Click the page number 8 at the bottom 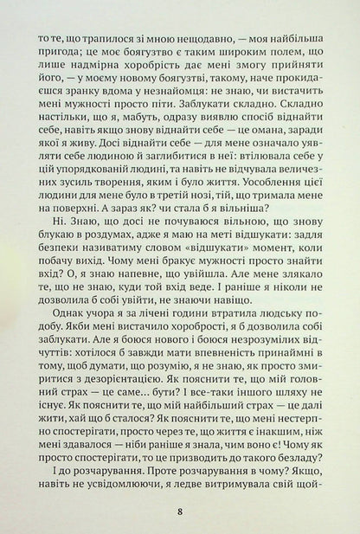[x=179, y=511]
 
